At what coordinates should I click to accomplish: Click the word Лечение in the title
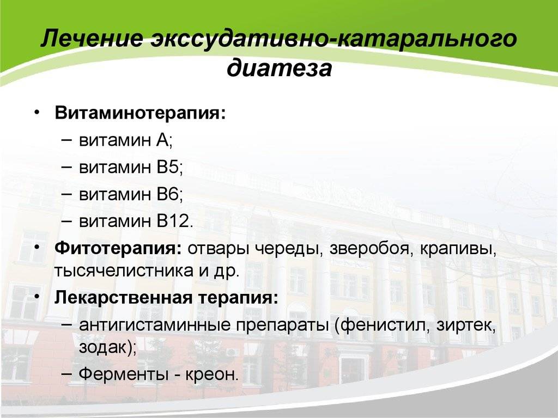pos(92,39)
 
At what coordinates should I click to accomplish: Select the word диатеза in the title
pos(279,67)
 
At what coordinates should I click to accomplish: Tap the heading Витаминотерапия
pos(140,113)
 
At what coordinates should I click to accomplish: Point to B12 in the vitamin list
pos(173,221)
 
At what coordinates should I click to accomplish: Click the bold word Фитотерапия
pos(118,248)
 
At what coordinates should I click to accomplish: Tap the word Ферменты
pos(123,374)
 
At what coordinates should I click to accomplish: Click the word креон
pos(209,374)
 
